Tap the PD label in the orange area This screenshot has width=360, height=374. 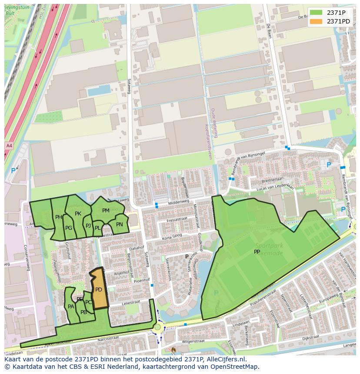click(99, 290)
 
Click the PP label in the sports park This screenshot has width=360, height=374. click(257, 252)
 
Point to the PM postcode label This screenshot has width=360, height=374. click(106, 211)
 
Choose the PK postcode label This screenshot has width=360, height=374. click(78, 213)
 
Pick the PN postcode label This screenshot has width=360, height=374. click(120, 225)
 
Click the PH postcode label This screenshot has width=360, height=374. click(59, 217)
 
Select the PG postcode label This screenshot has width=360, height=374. click(69, 228)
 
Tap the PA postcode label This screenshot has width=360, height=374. click(71, 306)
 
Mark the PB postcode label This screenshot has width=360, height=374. click(83, 312)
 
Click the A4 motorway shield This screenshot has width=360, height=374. click(9, 145)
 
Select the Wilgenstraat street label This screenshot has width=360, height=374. click(193, 342)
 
